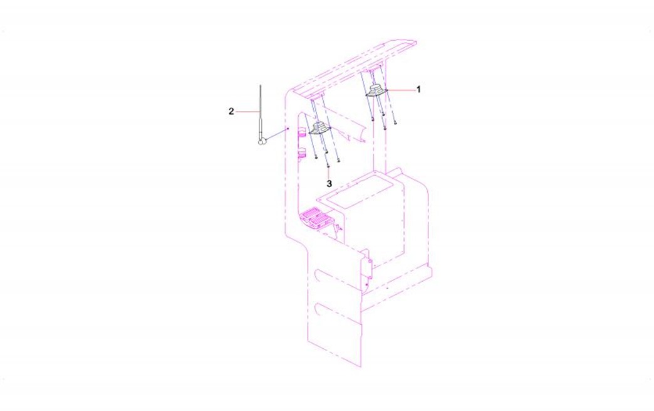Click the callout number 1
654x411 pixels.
(418, 89)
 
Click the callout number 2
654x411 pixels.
(232, 112)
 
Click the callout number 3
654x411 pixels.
(330, 183)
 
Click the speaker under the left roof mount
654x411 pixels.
(319, 128)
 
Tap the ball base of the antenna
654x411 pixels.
(261, 142)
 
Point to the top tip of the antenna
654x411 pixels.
(260, 85)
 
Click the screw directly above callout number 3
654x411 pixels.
(328, 167)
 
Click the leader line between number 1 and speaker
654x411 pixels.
(401, 89)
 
